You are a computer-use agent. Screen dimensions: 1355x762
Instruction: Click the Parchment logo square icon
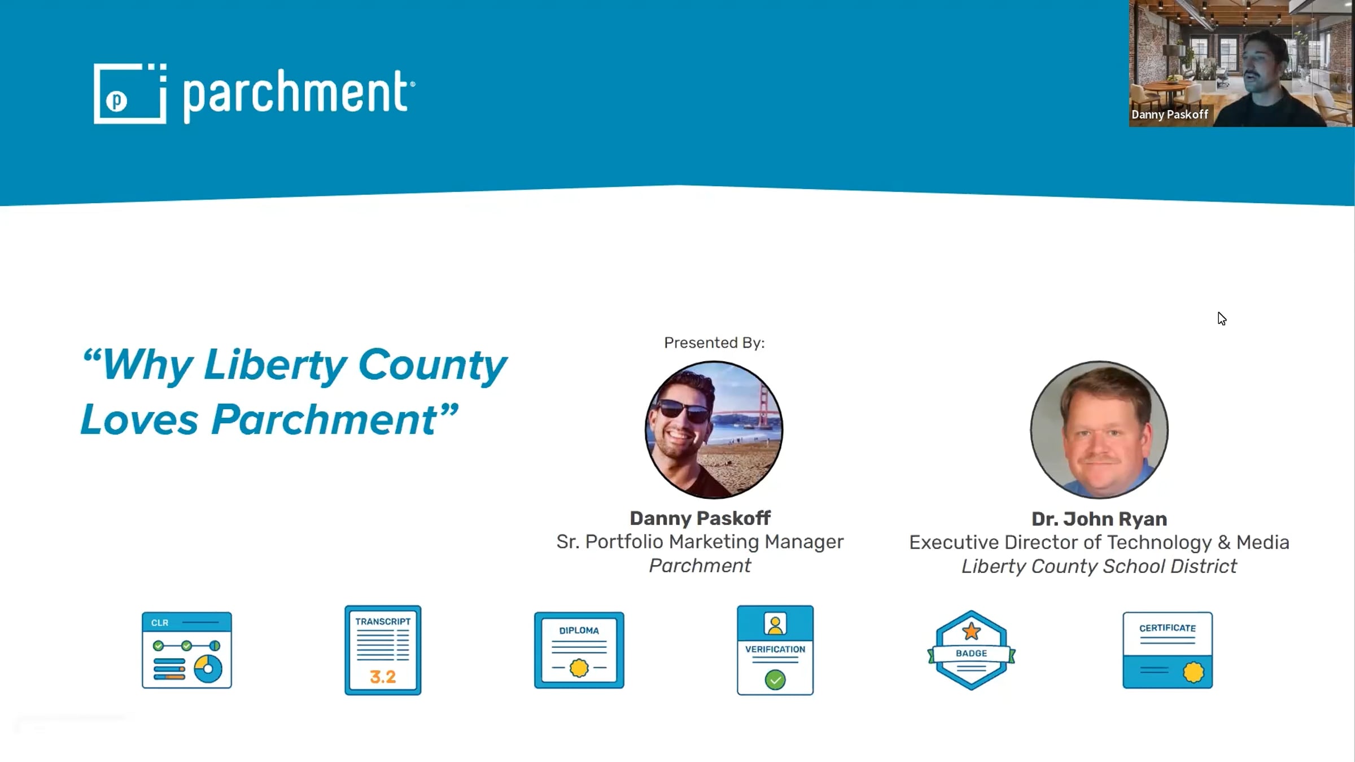click(x=130, y=93)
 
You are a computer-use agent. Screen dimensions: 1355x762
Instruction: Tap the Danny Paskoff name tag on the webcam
click(x=1170, y=115)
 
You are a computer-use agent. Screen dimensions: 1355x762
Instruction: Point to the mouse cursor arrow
click(x=1222, y=319)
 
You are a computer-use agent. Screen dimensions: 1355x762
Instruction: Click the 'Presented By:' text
click(x=714, y=343)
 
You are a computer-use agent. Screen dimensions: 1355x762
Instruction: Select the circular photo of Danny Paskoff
click(x=714, y=430)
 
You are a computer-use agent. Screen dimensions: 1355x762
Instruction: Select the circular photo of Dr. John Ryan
click(x=1099, y=430)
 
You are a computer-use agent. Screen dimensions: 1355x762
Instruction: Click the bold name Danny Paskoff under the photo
click(x=700, y=518)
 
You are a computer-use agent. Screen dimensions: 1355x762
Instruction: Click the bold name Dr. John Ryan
click(x=1099, y=519)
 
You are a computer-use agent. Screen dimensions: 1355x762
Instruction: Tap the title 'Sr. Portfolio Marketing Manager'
click(x=700, y=542)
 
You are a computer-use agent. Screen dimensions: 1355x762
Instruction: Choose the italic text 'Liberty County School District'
click(x=1099, y=566)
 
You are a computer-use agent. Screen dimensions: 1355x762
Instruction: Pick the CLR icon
click(x=187, y=650)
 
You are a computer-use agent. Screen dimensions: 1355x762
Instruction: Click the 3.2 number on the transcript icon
click(x=383, y=677)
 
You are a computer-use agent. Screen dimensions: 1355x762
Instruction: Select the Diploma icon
click(x=579, y=650)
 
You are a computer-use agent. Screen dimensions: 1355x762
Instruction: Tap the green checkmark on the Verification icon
click(x=775, y=680)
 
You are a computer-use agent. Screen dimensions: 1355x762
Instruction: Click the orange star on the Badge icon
click(x=971, y=631)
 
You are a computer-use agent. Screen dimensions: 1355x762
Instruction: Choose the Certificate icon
click(x=1168, y=650)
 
